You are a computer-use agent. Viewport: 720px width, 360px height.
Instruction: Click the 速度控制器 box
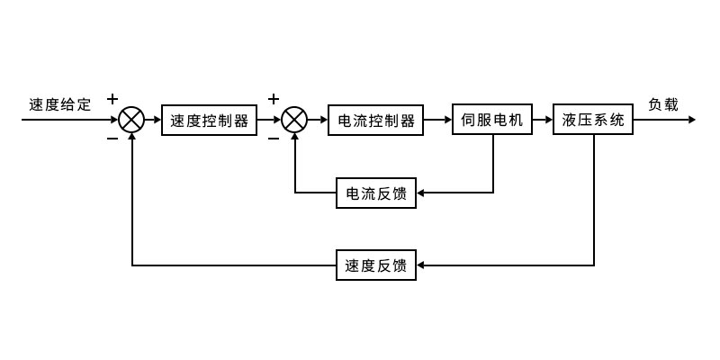209,120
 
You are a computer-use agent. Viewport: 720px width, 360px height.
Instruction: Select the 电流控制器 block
375,120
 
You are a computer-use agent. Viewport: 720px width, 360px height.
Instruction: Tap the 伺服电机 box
492,120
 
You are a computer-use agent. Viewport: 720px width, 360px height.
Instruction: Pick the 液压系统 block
593,120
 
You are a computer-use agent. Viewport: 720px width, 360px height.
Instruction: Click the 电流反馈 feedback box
376,193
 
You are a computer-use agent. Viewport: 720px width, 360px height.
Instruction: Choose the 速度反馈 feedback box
376,265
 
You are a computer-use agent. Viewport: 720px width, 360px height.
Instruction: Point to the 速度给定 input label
59,104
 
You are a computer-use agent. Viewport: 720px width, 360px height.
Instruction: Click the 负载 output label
663,104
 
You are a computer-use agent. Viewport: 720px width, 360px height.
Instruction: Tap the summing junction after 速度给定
132,120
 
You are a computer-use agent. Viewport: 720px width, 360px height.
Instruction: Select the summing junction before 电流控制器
295,120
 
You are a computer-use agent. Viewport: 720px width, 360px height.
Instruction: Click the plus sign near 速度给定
112,98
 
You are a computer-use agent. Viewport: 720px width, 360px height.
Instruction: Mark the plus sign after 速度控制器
274,98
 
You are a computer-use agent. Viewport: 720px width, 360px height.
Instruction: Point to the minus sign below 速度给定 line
112,139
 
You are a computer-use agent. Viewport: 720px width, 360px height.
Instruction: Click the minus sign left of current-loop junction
274,139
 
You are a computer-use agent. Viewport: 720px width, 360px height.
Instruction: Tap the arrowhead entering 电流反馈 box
422,193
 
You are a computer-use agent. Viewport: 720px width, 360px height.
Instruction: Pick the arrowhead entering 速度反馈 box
422,265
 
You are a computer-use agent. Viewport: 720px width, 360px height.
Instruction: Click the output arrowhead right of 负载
690,120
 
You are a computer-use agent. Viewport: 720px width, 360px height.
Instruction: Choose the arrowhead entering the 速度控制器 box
157,120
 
